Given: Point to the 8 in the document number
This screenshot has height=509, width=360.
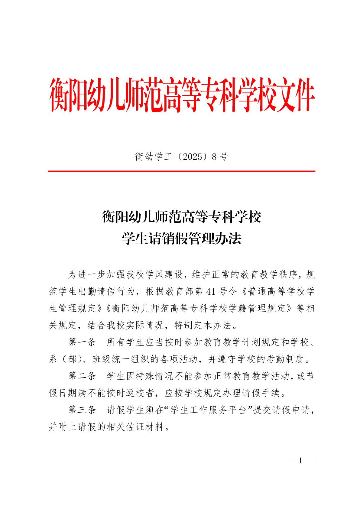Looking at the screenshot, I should click(x=214, y=157).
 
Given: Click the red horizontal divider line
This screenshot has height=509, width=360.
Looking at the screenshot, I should click(x=181, y=171).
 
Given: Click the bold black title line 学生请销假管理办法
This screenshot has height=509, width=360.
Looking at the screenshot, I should click(x=181, y=238).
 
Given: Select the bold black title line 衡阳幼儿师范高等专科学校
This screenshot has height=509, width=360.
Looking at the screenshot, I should click(x=181, y=217).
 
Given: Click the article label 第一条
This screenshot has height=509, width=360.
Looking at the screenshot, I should click(x=82, y=342).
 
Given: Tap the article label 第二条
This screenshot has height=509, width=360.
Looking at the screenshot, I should click(x=82, y=376).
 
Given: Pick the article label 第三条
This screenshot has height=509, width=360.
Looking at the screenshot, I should click(x=82, y=410).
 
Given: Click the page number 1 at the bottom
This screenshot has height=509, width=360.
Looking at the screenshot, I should click(x=300, y=461).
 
